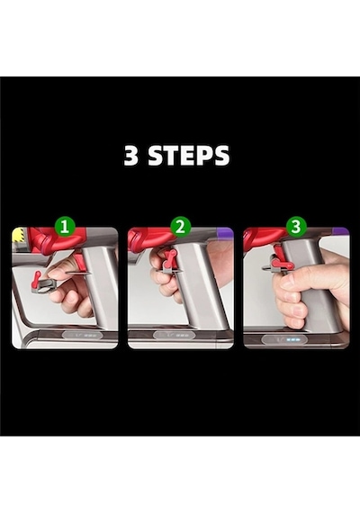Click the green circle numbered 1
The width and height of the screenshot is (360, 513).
click(65, 226)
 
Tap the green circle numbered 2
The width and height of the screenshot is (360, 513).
click(180, 226)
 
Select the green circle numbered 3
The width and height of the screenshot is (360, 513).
click(296, 226)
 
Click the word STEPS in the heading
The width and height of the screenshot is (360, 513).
click(188, 155)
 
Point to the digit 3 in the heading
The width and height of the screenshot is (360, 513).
click(131, 155)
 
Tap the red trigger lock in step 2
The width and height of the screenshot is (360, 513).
click(170, 257)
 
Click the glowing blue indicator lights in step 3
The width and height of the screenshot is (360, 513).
click(292, 339)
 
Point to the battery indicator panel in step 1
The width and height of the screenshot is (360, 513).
click(83, 336)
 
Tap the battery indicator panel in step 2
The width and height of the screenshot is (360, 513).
click(175, 336)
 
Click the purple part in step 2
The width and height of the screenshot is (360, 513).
click(225, 234)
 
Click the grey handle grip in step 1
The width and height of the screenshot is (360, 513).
click(100, 288)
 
